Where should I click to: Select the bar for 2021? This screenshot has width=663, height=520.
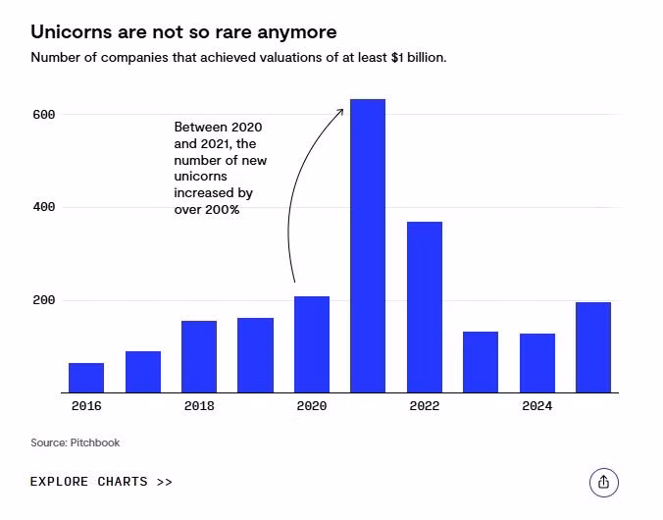tap(368, 245)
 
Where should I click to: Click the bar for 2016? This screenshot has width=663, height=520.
tap(86, 378)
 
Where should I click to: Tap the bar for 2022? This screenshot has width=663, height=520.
tap(425, 307)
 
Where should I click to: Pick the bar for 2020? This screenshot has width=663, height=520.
tap(312, 344)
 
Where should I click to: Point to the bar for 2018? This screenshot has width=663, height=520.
tap(199, 356)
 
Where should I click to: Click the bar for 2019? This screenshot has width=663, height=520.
tap(255, 355)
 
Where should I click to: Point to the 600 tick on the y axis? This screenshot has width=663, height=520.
tap(43, 115)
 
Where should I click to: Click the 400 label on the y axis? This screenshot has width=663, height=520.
tap(43, 208)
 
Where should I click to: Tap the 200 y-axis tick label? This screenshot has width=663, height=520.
tap(43, 300)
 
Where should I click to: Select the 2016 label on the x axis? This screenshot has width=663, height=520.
tap(86, 406)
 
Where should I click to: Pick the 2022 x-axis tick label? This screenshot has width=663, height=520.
tap(425, 406)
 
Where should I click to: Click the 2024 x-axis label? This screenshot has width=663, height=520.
tap(537, 406)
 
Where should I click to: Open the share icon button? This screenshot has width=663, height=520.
tap(604, 482)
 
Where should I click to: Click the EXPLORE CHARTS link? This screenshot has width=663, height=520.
tap(101, 482)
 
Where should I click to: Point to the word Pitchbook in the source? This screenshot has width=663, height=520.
tap(95, 443)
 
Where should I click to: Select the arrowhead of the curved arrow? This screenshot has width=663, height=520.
tap(340, 111)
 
